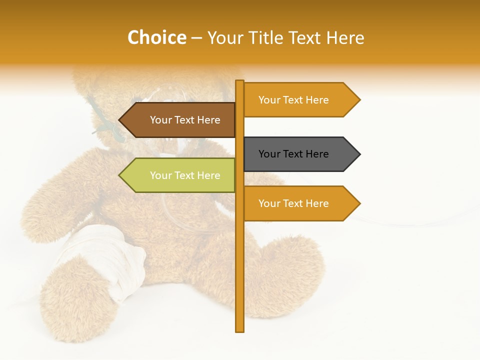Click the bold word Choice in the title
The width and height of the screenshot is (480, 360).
[156, 37]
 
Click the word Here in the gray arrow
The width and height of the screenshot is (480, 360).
[316, 154]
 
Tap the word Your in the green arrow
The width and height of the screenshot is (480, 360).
[160, 175]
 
